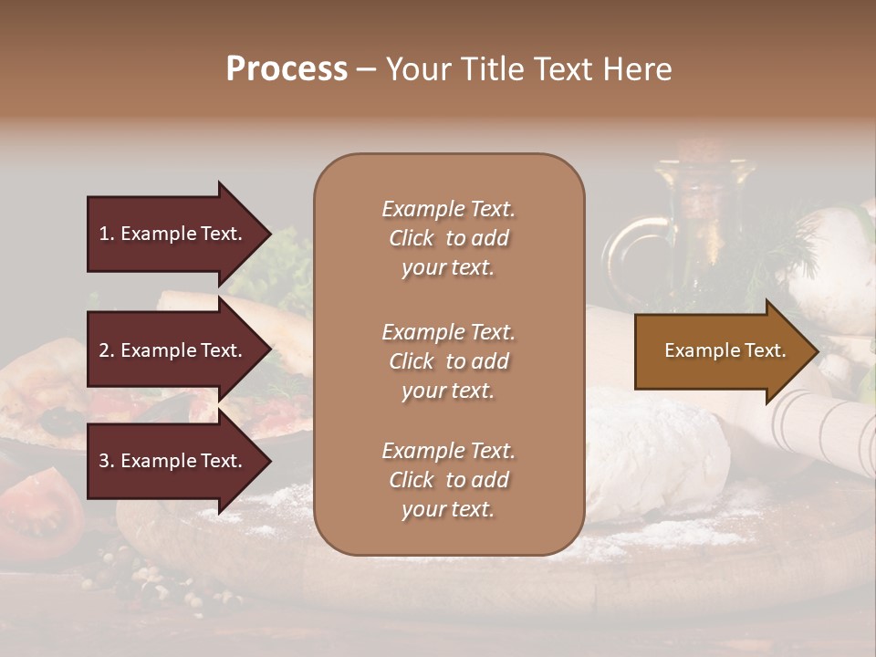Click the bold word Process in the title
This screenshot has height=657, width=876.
pos(287,69)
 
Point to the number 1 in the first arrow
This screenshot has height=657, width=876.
pos(104,234)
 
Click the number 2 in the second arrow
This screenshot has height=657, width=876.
pos(104,350)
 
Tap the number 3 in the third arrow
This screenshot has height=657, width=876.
pos(104,461)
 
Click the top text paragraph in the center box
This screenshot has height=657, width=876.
pos(448,238)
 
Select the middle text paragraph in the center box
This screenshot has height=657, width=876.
pos(448,361)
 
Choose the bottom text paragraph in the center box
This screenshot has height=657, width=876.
pos(448,480)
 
